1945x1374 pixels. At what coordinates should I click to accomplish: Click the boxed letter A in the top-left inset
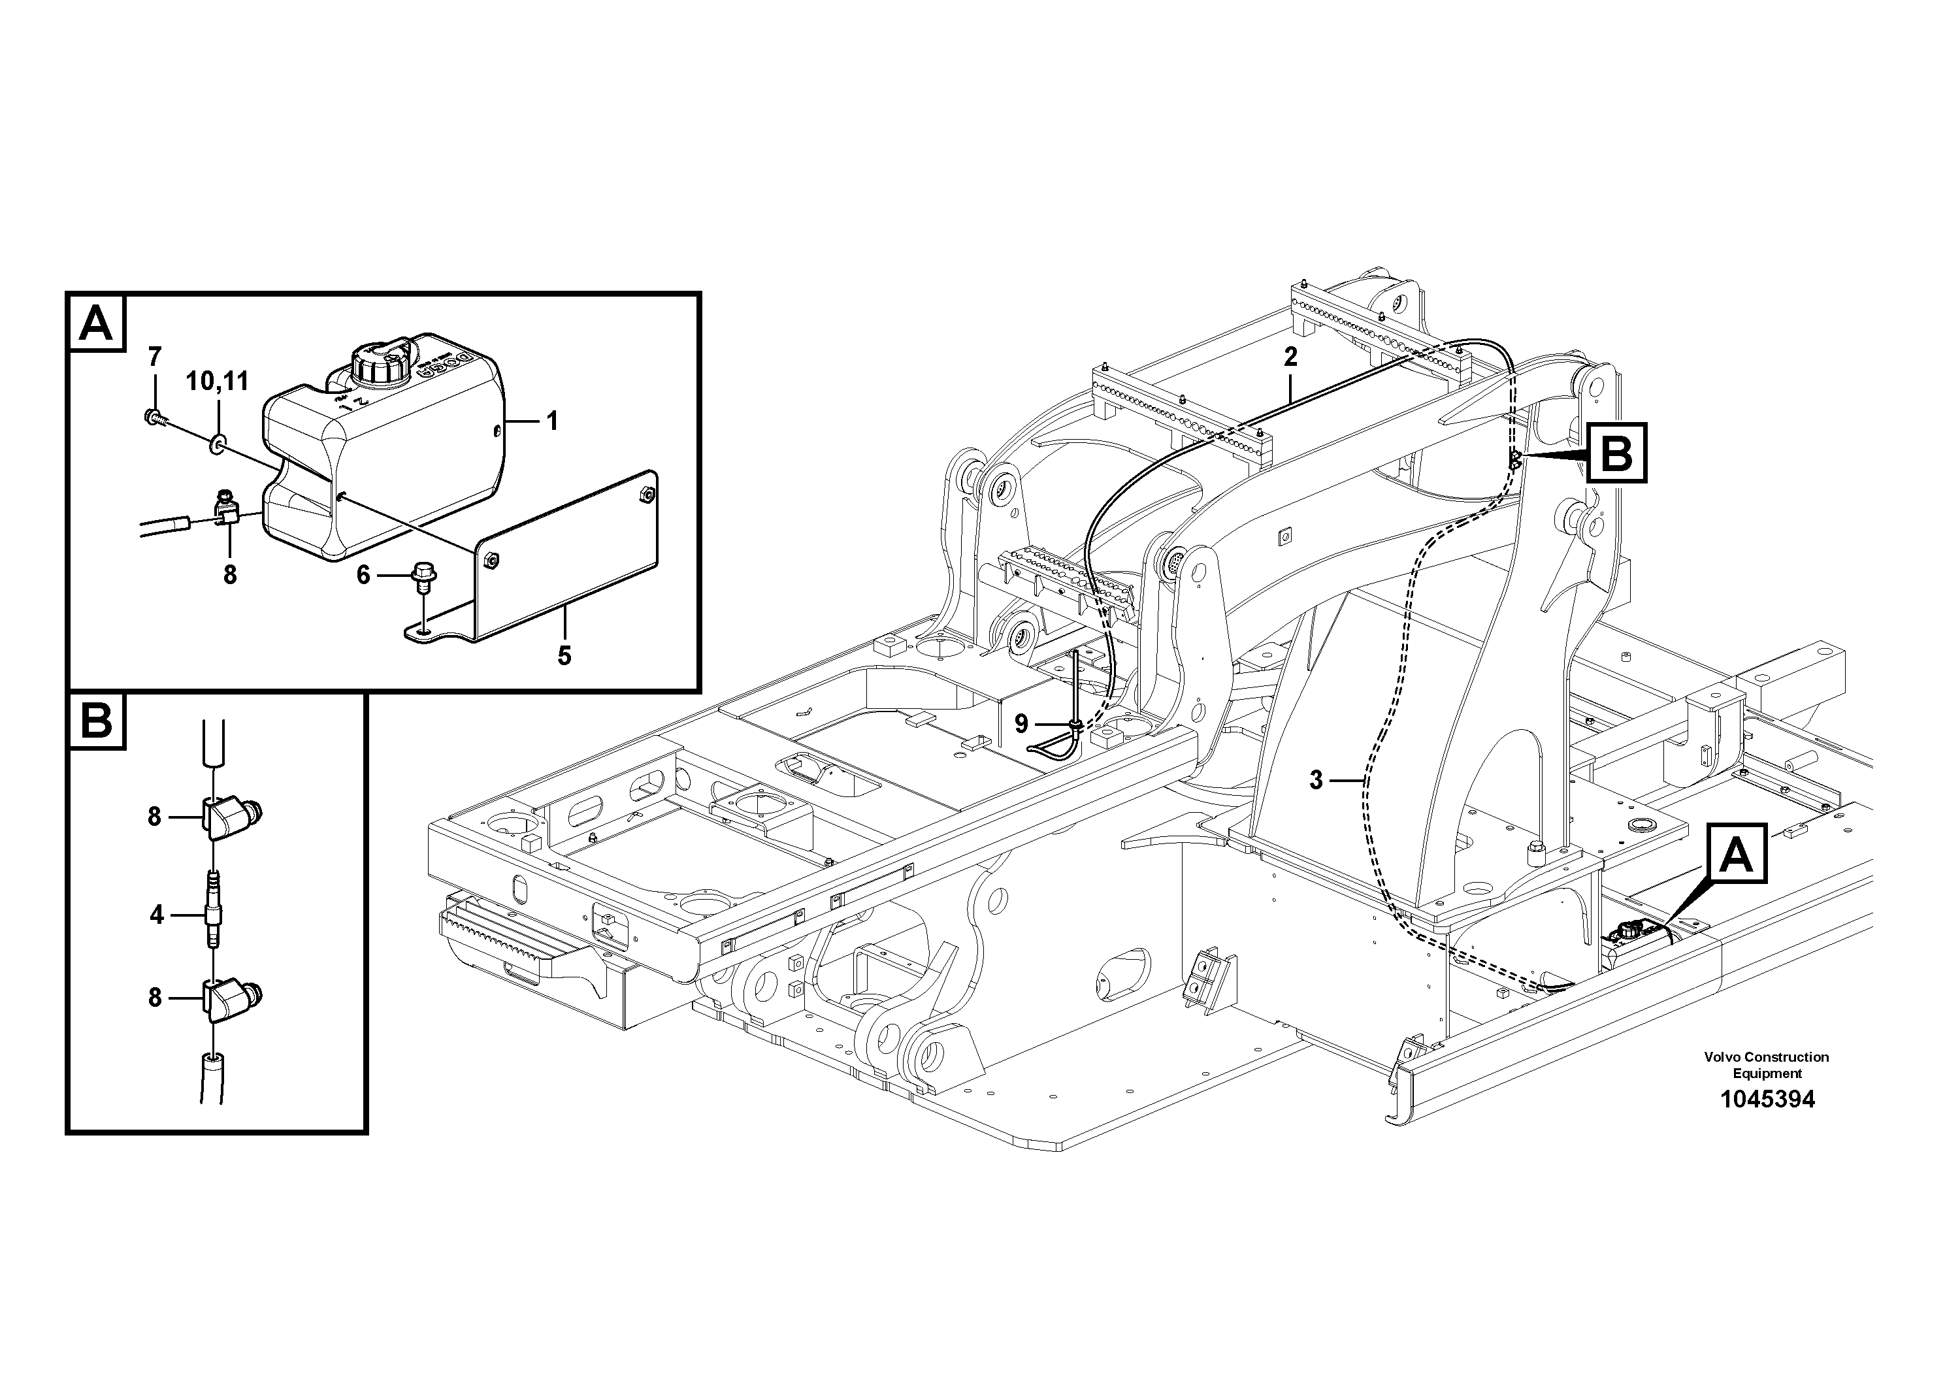click(x=96, y=323)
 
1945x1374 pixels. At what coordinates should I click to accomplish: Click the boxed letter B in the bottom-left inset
click(x=96, y=722)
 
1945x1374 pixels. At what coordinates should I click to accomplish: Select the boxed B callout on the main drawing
click(x=1616, y=453)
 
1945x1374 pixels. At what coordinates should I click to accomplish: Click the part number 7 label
click(x=154, y=357)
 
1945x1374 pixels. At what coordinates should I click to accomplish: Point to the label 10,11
click(x=217, y=382)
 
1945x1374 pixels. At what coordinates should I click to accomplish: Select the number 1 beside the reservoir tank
click(x=552, y=420)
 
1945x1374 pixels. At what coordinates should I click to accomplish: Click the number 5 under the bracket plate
click(x=564, y=656)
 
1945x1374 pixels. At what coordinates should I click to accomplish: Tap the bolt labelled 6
click(x=422, y=575)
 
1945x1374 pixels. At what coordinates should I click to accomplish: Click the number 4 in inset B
click(x=156, y=915)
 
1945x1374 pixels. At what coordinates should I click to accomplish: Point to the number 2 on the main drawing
click(x=1290, y=357)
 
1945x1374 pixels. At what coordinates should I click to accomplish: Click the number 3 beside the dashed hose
click(x=1316, y=780)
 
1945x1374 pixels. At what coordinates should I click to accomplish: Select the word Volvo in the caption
click(x=1722, y=1057)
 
